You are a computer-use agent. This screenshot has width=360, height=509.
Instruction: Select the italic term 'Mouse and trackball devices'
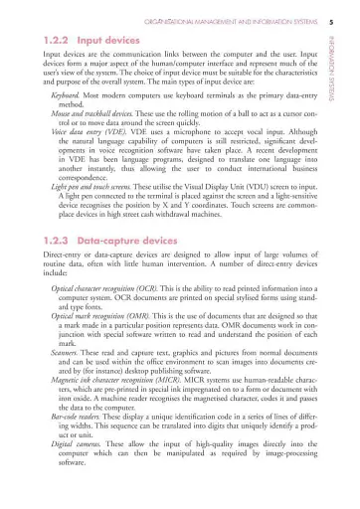[90, 106]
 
